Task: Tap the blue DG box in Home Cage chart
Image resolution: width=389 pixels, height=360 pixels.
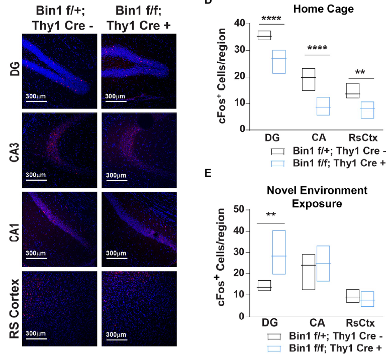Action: [278, 62]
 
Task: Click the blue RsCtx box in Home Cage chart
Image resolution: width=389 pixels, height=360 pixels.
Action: [367, 110]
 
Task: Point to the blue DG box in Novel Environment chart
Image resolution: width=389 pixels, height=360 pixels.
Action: [278, 252]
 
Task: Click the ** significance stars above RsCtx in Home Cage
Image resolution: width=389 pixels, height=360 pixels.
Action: [360, 72]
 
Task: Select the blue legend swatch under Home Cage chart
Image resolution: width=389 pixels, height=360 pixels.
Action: [278, 163]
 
